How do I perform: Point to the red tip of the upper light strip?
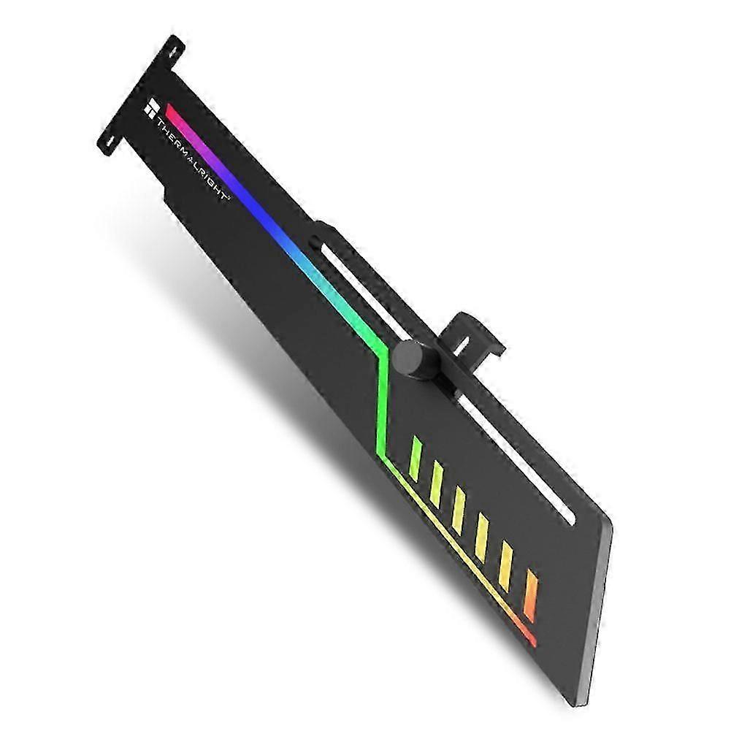point(171,110)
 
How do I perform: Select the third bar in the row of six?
point(459,510)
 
